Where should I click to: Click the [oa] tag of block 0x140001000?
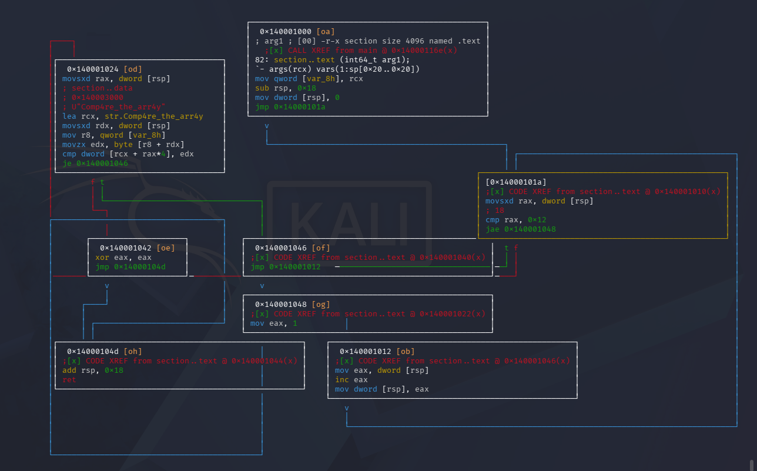tap(326, 31)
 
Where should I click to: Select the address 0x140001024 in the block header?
tap(93, 69)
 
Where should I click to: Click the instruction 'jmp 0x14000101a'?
tap(290, 107)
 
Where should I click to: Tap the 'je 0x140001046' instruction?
tap(95, 163)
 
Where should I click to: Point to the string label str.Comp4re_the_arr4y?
tap(154, 116)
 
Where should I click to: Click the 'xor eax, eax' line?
tap(123, 258)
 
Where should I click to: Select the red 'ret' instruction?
tap(69, 380)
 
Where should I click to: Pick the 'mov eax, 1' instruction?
tap(273, 323)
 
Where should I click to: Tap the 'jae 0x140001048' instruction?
tap(521, 229)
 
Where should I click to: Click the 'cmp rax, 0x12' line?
tap(515, 220)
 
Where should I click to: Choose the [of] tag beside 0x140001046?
tap(321, 248)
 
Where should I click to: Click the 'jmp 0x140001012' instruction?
tap(285, 267)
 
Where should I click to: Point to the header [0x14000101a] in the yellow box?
tap(515, 182)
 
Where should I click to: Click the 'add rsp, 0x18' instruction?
tap(93, 370)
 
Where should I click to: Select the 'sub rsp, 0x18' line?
tap(285, 88)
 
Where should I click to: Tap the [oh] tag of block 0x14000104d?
tap(133, 351)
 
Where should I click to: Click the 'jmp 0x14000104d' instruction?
tap(130, 267)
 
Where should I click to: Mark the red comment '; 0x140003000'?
tap(93, 98)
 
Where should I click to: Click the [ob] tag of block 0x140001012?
tap(406, 351)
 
